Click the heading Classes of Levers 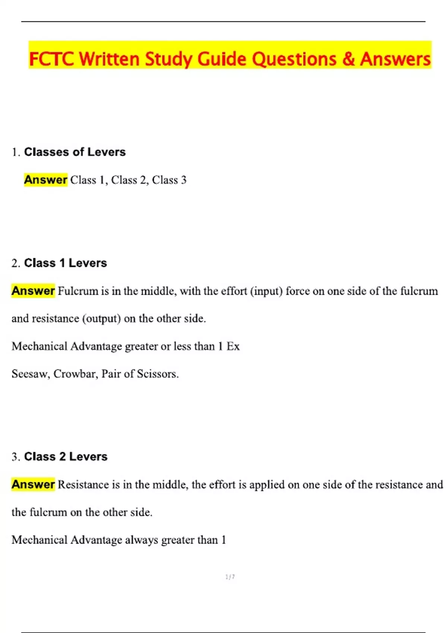(x=75, y=152)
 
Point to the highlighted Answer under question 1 (x=45, y=180)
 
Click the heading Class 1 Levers (x=66, y=263)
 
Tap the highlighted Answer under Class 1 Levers (x=33, y=291)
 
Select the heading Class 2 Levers (x=66, y=457)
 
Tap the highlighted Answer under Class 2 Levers (x=33, y=484)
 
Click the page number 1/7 (x=230, y=577)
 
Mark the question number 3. (x=15, y=457)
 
